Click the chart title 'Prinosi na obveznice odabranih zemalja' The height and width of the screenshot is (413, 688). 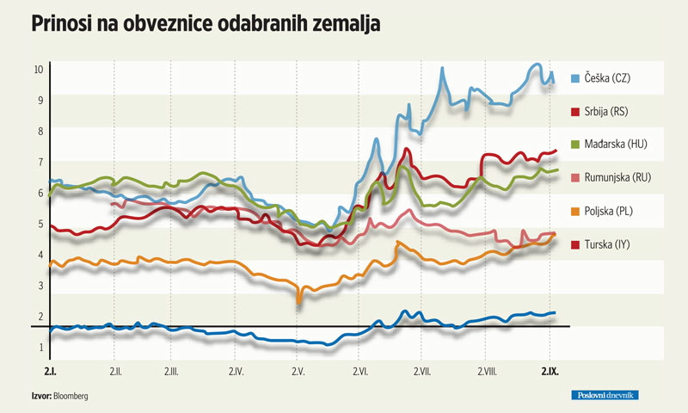tap(206, 25)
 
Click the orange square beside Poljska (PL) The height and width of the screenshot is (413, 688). tap(574, 210)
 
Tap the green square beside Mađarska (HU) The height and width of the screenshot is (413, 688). tap(574, 144)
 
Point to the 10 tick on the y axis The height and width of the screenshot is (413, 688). tap(39, 69)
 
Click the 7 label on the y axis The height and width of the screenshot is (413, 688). tap(39, 162)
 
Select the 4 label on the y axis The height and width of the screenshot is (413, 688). tap(39, 255)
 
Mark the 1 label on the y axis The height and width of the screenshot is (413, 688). tap(39, 348)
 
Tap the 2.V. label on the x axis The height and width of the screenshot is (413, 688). tap(298, 372)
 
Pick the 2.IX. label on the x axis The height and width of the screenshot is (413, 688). tap(550, 372)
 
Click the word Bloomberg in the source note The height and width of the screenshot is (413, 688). tap(71, 396)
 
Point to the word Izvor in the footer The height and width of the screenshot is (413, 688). tap(38, 396)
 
